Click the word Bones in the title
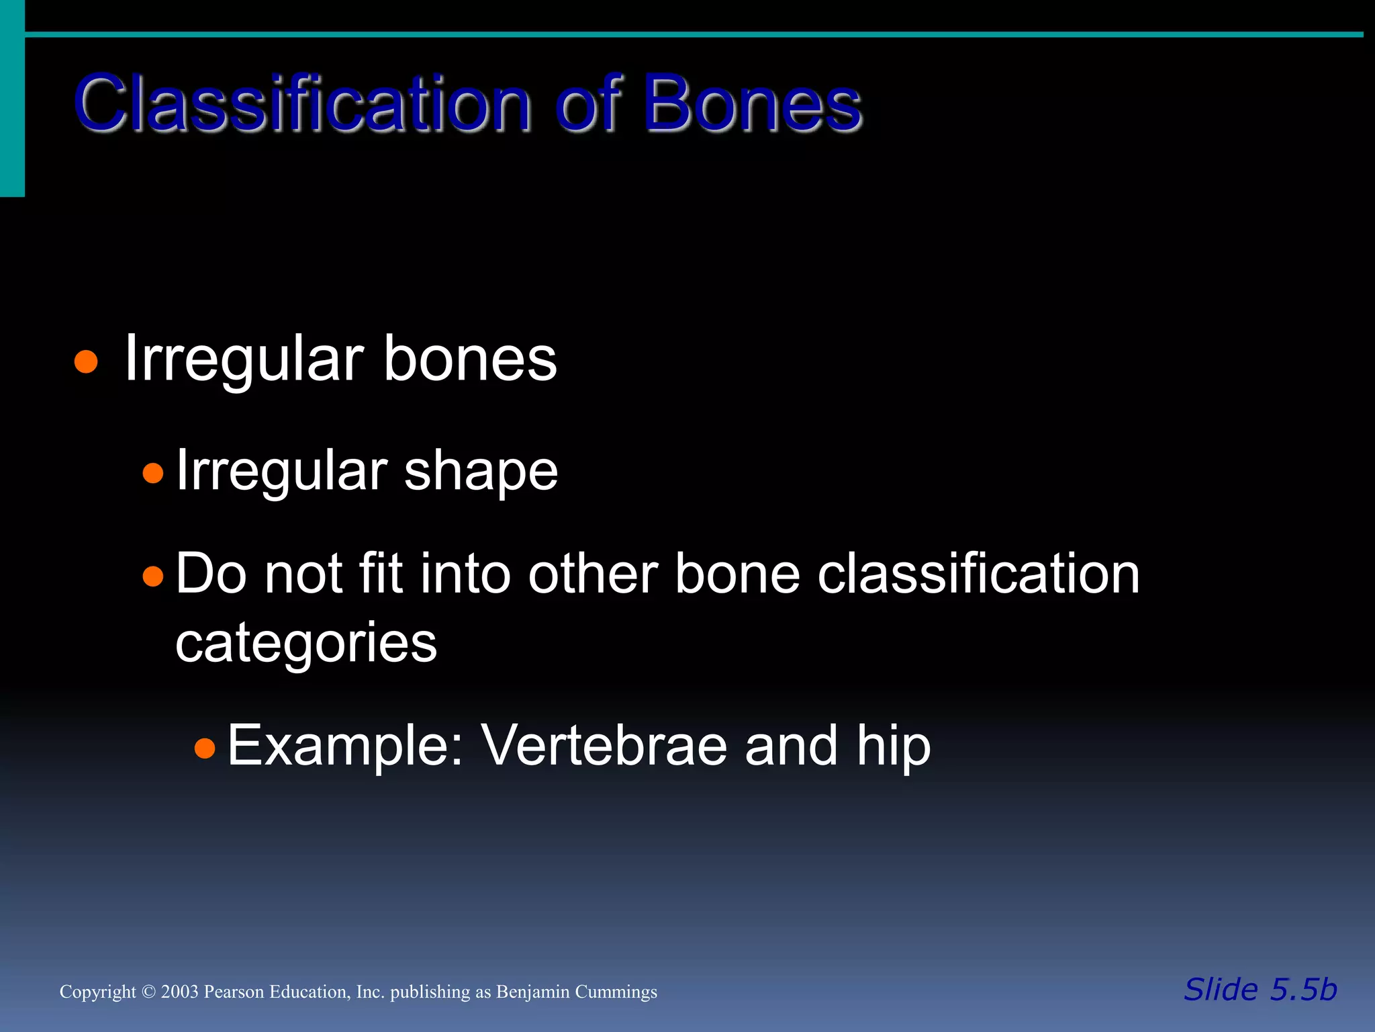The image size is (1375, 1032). (752, 104)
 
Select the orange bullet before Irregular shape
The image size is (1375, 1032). (153, 473)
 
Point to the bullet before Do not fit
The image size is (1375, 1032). (153, 576)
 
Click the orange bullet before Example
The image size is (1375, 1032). (205, 747)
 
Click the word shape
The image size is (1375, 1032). (481, 472)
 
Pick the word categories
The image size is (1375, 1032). (306, 644)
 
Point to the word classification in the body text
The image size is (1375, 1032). (978, 574)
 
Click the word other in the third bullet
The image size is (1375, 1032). (593, 574)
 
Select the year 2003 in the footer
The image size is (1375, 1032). (179, 992)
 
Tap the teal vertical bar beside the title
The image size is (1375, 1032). (12, 101)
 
